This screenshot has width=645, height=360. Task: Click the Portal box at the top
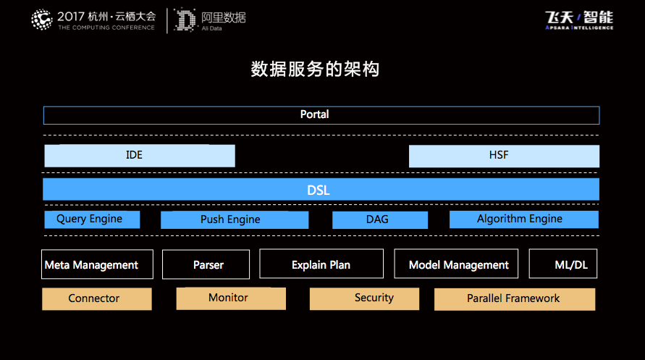click(321, 115)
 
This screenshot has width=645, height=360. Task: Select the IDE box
click(140, 156)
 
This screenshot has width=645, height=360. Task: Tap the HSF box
click(504, 156)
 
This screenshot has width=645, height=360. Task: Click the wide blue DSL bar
click(321, 189)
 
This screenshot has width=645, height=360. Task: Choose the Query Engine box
click(92, 219)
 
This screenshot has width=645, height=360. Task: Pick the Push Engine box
click(235, 219)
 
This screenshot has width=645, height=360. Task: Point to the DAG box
click(380, 219)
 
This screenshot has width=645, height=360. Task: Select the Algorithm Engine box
click(524, 219)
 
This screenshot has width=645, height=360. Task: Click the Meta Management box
click(97, 264)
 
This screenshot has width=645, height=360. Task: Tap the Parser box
click(206, 264)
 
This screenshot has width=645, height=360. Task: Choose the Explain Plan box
click(321, 264)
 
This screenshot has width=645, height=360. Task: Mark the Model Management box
click(456, 264)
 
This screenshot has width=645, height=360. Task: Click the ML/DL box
click(563, 264)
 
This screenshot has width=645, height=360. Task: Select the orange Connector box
click(97, 298)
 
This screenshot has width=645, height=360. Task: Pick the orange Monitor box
click(231, 298)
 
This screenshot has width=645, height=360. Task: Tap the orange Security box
click(364, 298)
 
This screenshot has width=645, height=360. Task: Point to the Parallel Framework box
click(515, 299)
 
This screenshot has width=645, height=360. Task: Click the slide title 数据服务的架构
click(315, 69)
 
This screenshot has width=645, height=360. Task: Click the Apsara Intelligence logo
click(579, 20)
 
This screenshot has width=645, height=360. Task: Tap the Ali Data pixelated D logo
click(185, 20)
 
